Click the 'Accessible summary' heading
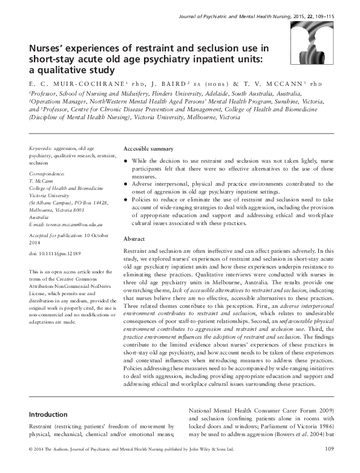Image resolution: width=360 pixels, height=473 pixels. (148, 149)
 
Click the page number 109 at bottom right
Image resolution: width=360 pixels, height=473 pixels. (330, 465)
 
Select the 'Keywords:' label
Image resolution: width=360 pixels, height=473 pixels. (43, 148)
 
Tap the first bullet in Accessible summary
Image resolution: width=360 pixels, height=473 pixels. (127, 161)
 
